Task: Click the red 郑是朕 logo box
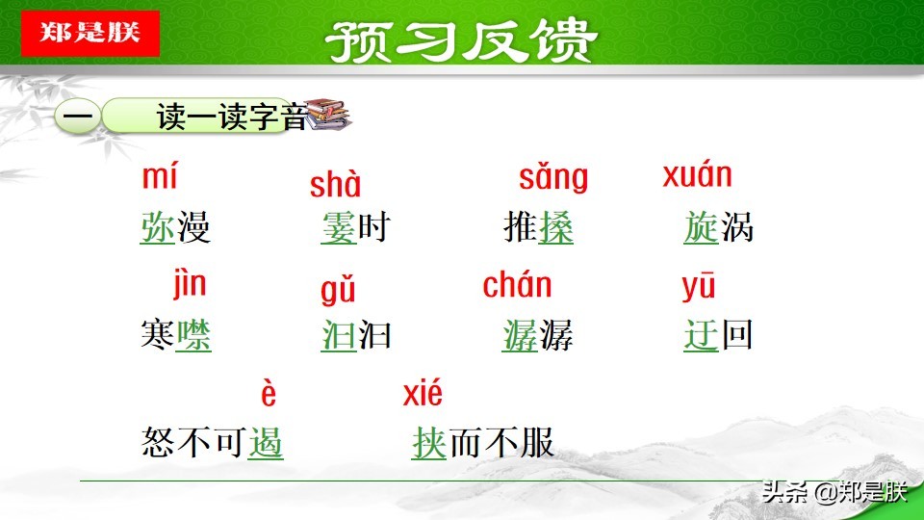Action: tap(90, 32)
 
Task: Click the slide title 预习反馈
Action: tap(461, 40)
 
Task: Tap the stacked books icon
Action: tap(328, 116)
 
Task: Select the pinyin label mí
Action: tap(160, 177)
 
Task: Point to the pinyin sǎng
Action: tap(552, 178)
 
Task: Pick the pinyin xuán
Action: tap(697, 175)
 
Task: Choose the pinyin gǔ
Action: tap(338, 290)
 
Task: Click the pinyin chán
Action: tap(517, 285)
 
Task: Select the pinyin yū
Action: tap(699, 287)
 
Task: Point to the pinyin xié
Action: tap(423, 393)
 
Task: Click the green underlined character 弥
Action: tap(157, 228)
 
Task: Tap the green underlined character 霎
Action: tap(338, 228)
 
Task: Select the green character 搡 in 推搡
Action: tap(555, 228)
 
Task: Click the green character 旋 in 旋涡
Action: tap(701, 228)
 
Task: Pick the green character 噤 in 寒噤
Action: tap(193, 335)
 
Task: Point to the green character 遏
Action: tap(266, 443)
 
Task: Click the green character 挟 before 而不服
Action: tap(428, 443)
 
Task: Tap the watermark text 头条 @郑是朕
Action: tap(834, 493)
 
